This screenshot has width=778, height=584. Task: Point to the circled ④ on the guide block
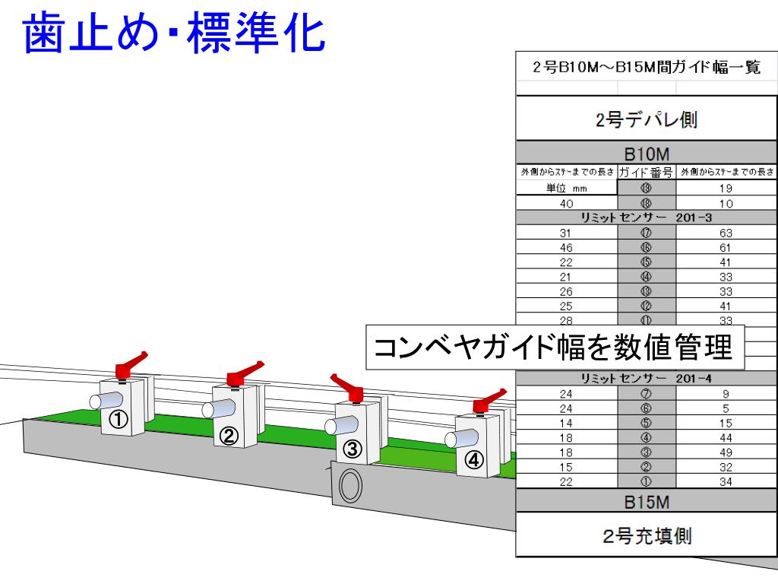tap(473, 460)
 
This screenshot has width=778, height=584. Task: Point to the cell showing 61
tap(726, 248)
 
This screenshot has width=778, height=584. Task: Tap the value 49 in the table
tap(726, 451)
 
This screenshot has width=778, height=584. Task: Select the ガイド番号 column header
tap(645, 173)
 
